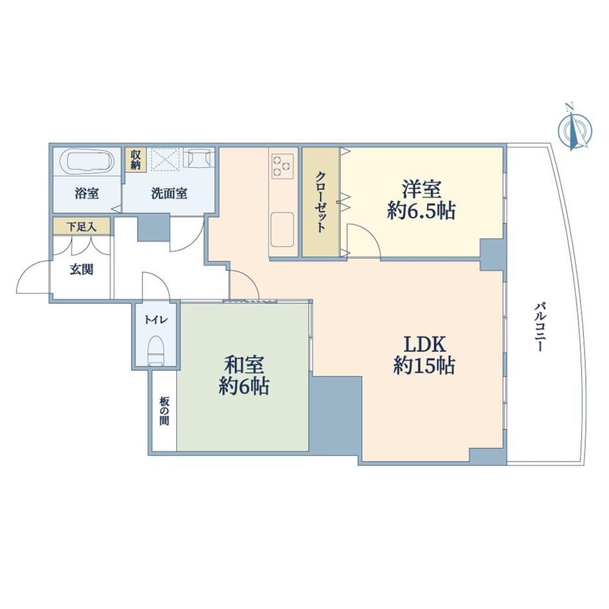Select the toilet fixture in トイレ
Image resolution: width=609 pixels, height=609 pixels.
click(156, 350)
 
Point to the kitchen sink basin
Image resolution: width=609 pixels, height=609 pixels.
click(282, 229)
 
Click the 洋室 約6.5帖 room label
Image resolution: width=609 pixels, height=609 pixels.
click(421, 201)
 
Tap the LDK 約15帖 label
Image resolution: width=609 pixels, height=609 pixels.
click(424, 355)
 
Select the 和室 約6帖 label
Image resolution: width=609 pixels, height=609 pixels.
click(244, 375)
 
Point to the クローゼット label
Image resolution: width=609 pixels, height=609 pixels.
click(320, 201)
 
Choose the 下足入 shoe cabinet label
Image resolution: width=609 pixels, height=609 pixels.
click(81, 226)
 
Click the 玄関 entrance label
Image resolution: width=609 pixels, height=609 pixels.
click(81, 269)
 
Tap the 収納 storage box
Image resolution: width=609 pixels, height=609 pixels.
click(136, 160)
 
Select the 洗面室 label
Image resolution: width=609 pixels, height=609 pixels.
click(169, 193)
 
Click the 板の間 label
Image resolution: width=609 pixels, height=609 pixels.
click(164, 410)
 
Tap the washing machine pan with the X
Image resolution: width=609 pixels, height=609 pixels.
click(165, 159)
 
